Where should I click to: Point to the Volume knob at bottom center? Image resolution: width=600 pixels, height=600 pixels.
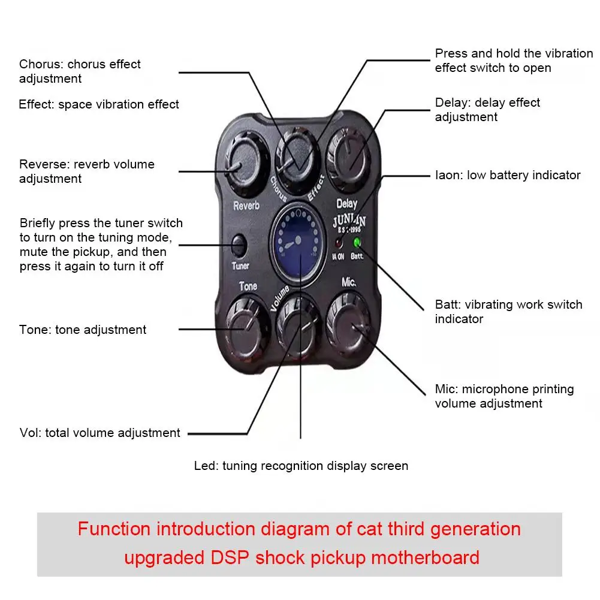point(298,324)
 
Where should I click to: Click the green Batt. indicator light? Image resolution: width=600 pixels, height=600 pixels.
point(358,243)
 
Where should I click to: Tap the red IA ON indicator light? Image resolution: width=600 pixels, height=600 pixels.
point(339,243)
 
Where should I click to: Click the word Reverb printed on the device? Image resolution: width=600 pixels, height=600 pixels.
point(246,206)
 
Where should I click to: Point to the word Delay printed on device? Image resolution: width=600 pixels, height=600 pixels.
point(346,204)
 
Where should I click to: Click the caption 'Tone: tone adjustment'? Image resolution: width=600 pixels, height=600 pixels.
point(83,330)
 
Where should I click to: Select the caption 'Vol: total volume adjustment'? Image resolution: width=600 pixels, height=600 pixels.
point(100,433)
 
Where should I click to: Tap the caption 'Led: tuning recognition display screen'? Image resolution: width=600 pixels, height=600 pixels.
point(301,466)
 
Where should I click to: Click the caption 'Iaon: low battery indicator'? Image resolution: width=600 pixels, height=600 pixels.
point(508,175)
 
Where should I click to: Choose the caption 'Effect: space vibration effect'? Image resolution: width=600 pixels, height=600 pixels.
point(99,104)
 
